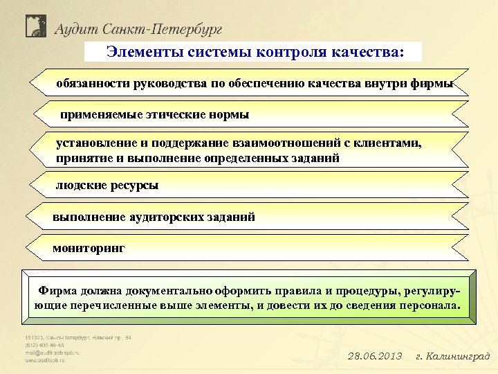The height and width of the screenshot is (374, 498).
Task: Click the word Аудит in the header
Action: click(x=75, y=29)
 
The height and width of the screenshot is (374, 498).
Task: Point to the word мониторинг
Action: click(x=89, y=247)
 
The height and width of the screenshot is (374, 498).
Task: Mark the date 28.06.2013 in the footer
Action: click(x=374, y=356)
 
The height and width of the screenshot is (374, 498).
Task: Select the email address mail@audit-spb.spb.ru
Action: click(x=53, y=353)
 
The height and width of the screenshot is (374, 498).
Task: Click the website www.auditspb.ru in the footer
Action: click(x=48, y=360)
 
